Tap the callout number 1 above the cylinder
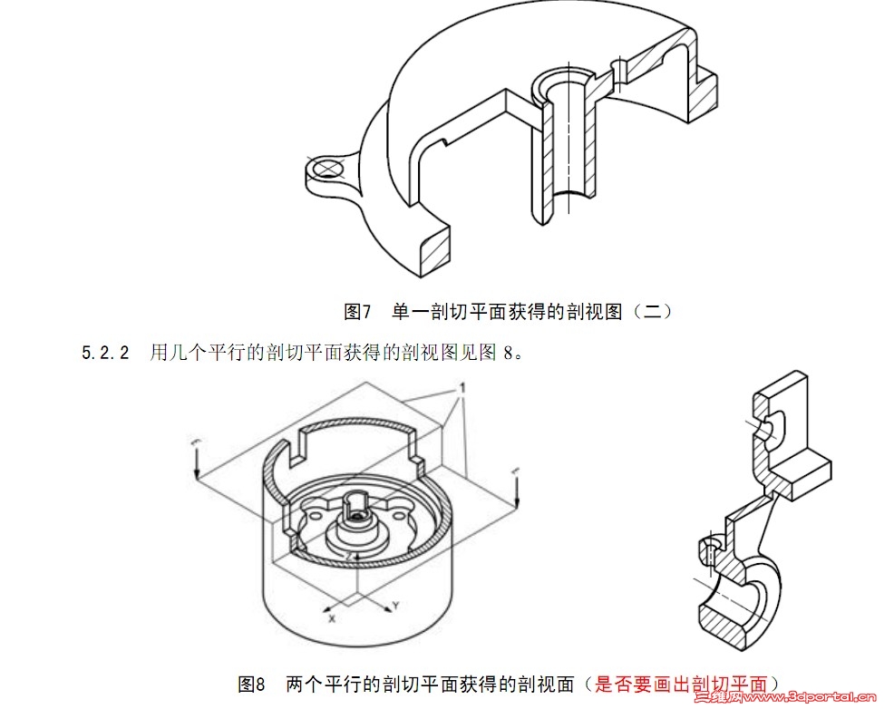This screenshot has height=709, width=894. (x=462, y=388)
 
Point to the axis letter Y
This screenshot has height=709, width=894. (x=396, y=603)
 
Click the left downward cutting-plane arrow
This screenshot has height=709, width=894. (x=196, y=461)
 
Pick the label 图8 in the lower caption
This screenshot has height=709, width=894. (x=251, y=684)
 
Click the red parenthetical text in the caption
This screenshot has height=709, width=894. (x=681, y=684)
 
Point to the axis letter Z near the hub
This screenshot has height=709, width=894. (x=347, y=555)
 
